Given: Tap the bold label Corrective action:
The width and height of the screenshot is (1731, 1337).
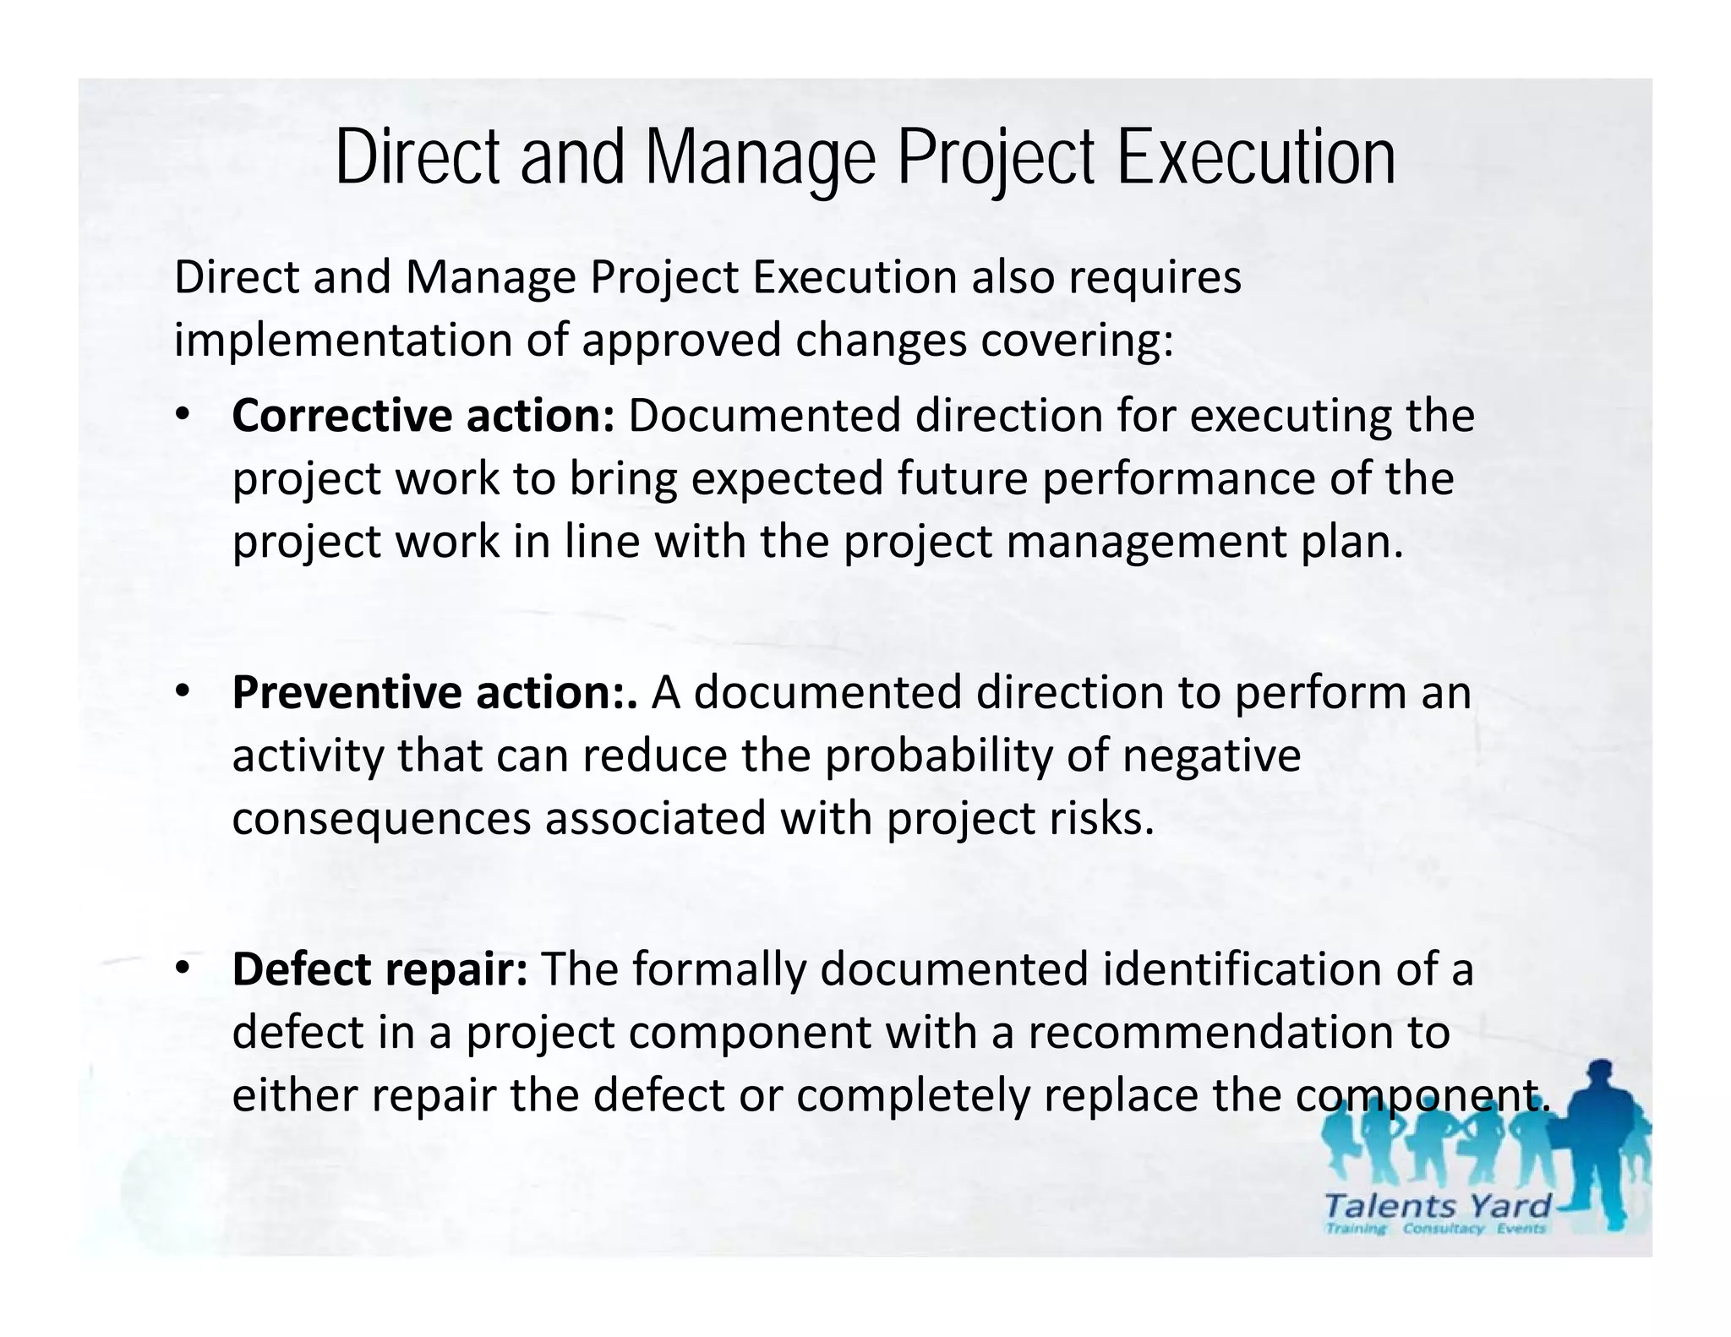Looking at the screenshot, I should pos(423,416).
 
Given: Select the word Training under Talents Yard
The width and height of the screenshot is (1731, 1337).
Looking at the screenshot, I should pos(1357,1229).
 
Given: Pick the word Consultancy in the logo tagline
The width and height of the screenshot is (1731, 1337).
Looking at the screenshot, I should pos(1443,1229).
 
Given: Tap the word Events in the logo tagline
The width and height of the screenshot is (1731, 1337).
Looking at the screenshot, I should pos(1521,1229).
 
